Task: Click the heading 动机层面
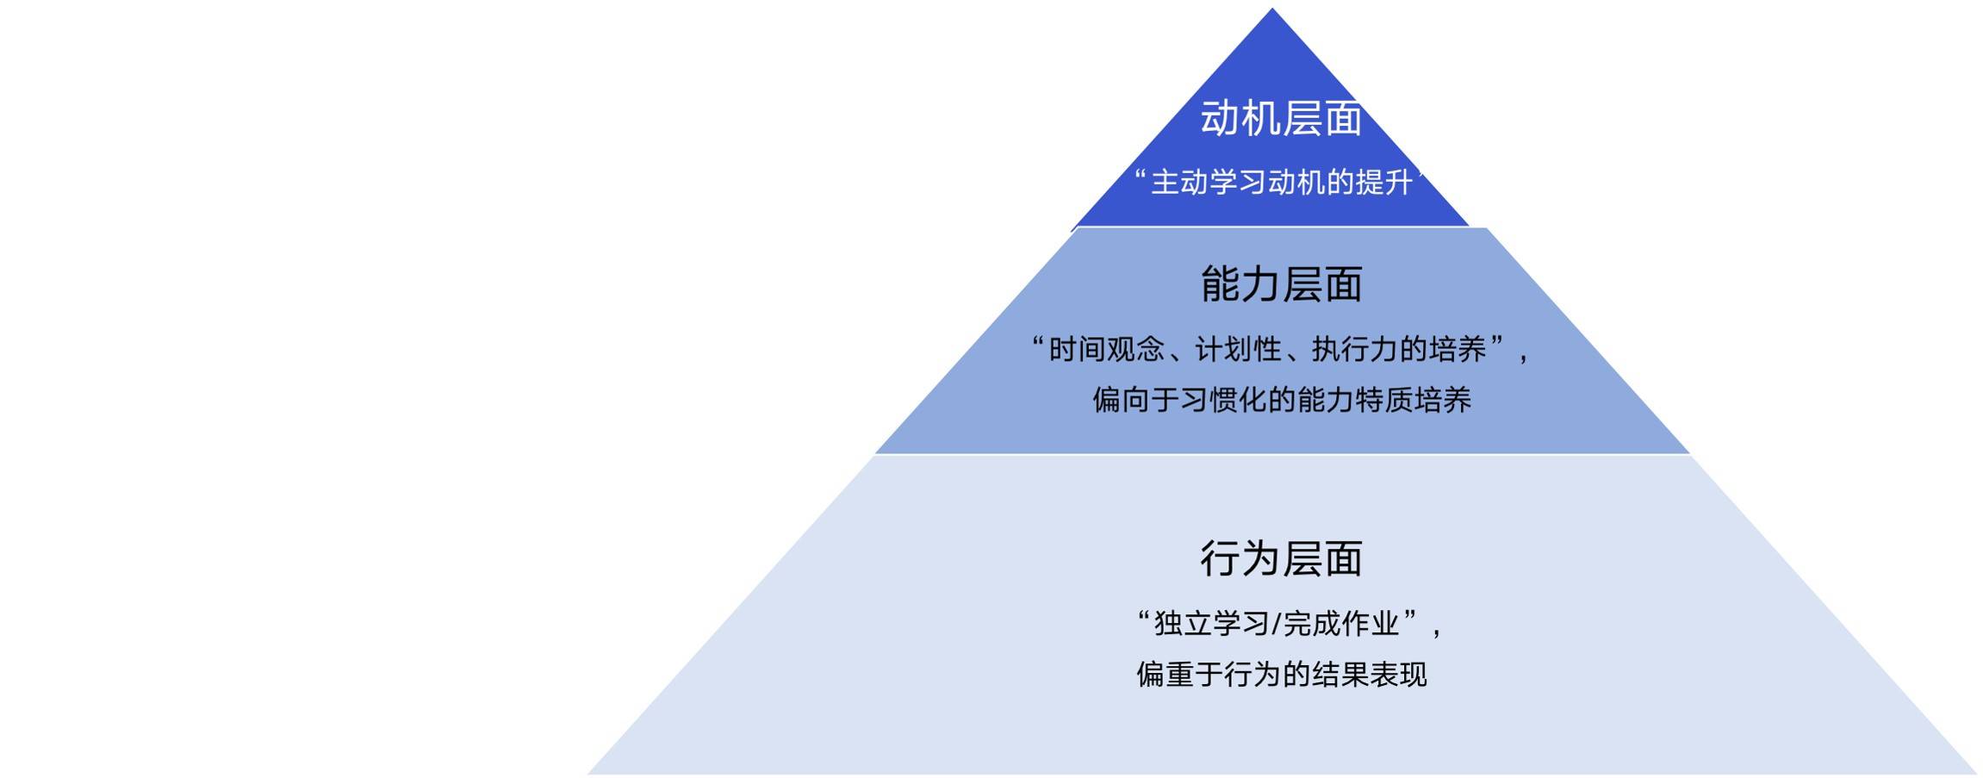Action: click(x=1281, y=119)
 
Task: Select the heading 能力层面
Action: click(x=1281, y=284)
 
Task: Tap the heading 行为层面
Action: click(x=1281, y=558)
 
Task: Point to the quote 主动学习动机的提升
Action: click(x=1282, y=183)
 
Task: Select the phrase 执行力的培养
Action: click(x=1399, y=349)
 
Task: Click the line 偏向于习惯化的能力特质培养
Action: click(x=1282, y=400)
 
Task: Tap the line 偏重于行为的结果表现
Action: click(x=1282, y=674)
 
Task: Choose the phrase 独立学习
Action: click(x=1211, y=623)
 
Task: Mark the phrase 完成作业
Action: click(x=1340, y=623)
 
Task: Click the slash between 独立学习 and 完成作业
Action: click(x=1276, y=623)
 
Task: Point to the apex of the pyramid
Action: click(x=1272, y=9)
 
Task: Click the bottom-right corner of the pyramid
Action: click(x=1976, y=774)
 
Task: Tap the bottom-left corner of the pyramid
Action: click(x=588, y=774)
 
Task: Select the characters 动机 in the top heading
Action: click(x=1240, y=119)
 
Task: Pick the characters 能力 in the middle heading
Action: click(x=1240, y=284)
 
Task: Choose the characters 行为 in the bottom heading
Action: click(x=1240, y=558)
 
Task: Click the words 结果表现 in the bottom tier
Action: click(x=1370, y=674)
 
